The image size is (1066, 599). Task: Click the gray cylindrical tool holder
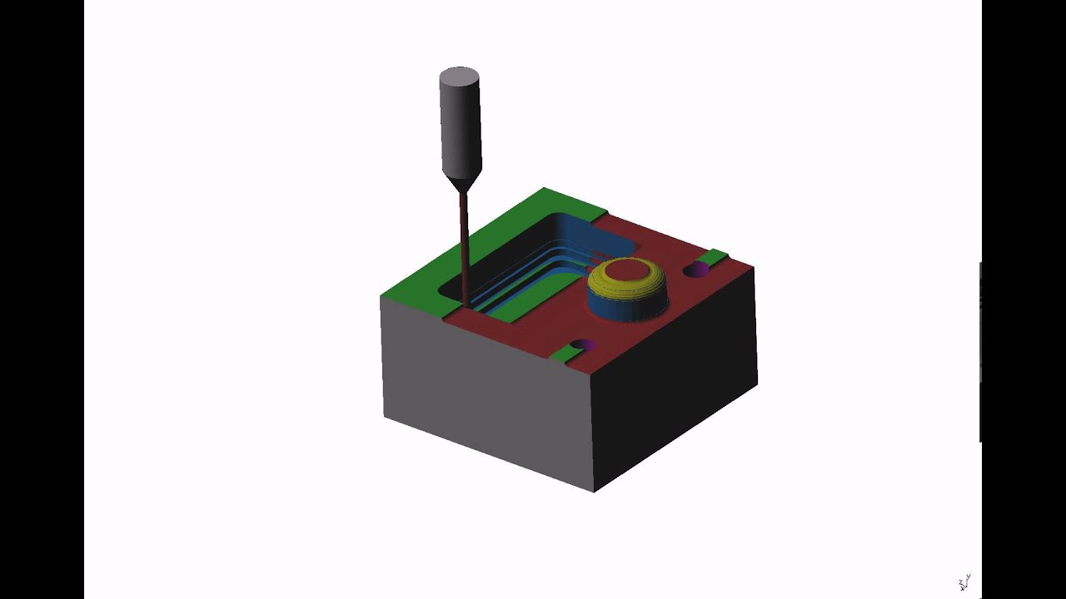[460, 125]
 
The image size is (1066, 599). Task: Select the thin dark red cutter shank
[464, 241]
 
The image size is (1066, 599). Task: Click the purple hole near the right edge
[696, 269]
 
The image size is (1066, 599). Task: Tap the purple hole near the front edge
[583, 344]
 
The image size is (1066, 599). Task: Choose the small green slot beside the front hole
[565, 354]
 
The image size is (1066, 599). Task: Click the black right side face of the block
[675, 383]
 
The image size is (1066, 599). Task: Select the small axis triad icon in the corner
[964, 583]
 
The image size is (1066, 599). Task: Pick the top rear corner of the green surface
[544, 189]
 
